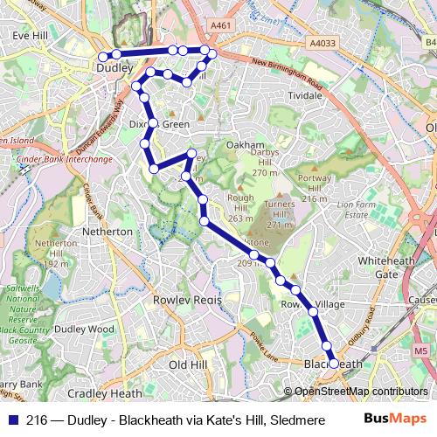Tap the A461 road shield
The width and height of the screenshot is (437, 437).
(x=222, y=26)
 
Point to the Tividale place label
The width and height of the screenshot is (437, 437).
(x=306, y=94)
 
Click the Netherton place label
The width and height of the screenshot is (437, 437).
(x=107, y=232)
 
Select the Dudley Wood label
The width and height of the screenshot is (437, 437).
(x=84, y=329)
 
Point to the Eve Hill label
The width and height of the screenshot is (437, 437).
(x=29, y=36)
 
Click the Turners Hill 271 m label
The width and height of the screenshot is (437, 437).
(x=279, y=214)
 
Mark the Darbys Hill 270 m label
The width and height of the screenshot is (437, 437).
(x=264, y=163)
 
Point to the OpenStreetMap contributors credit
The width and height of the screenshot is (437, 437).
(x=360, y=392)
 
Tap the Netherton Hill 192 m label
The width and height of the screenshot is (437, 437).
(x=56, y=253)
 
